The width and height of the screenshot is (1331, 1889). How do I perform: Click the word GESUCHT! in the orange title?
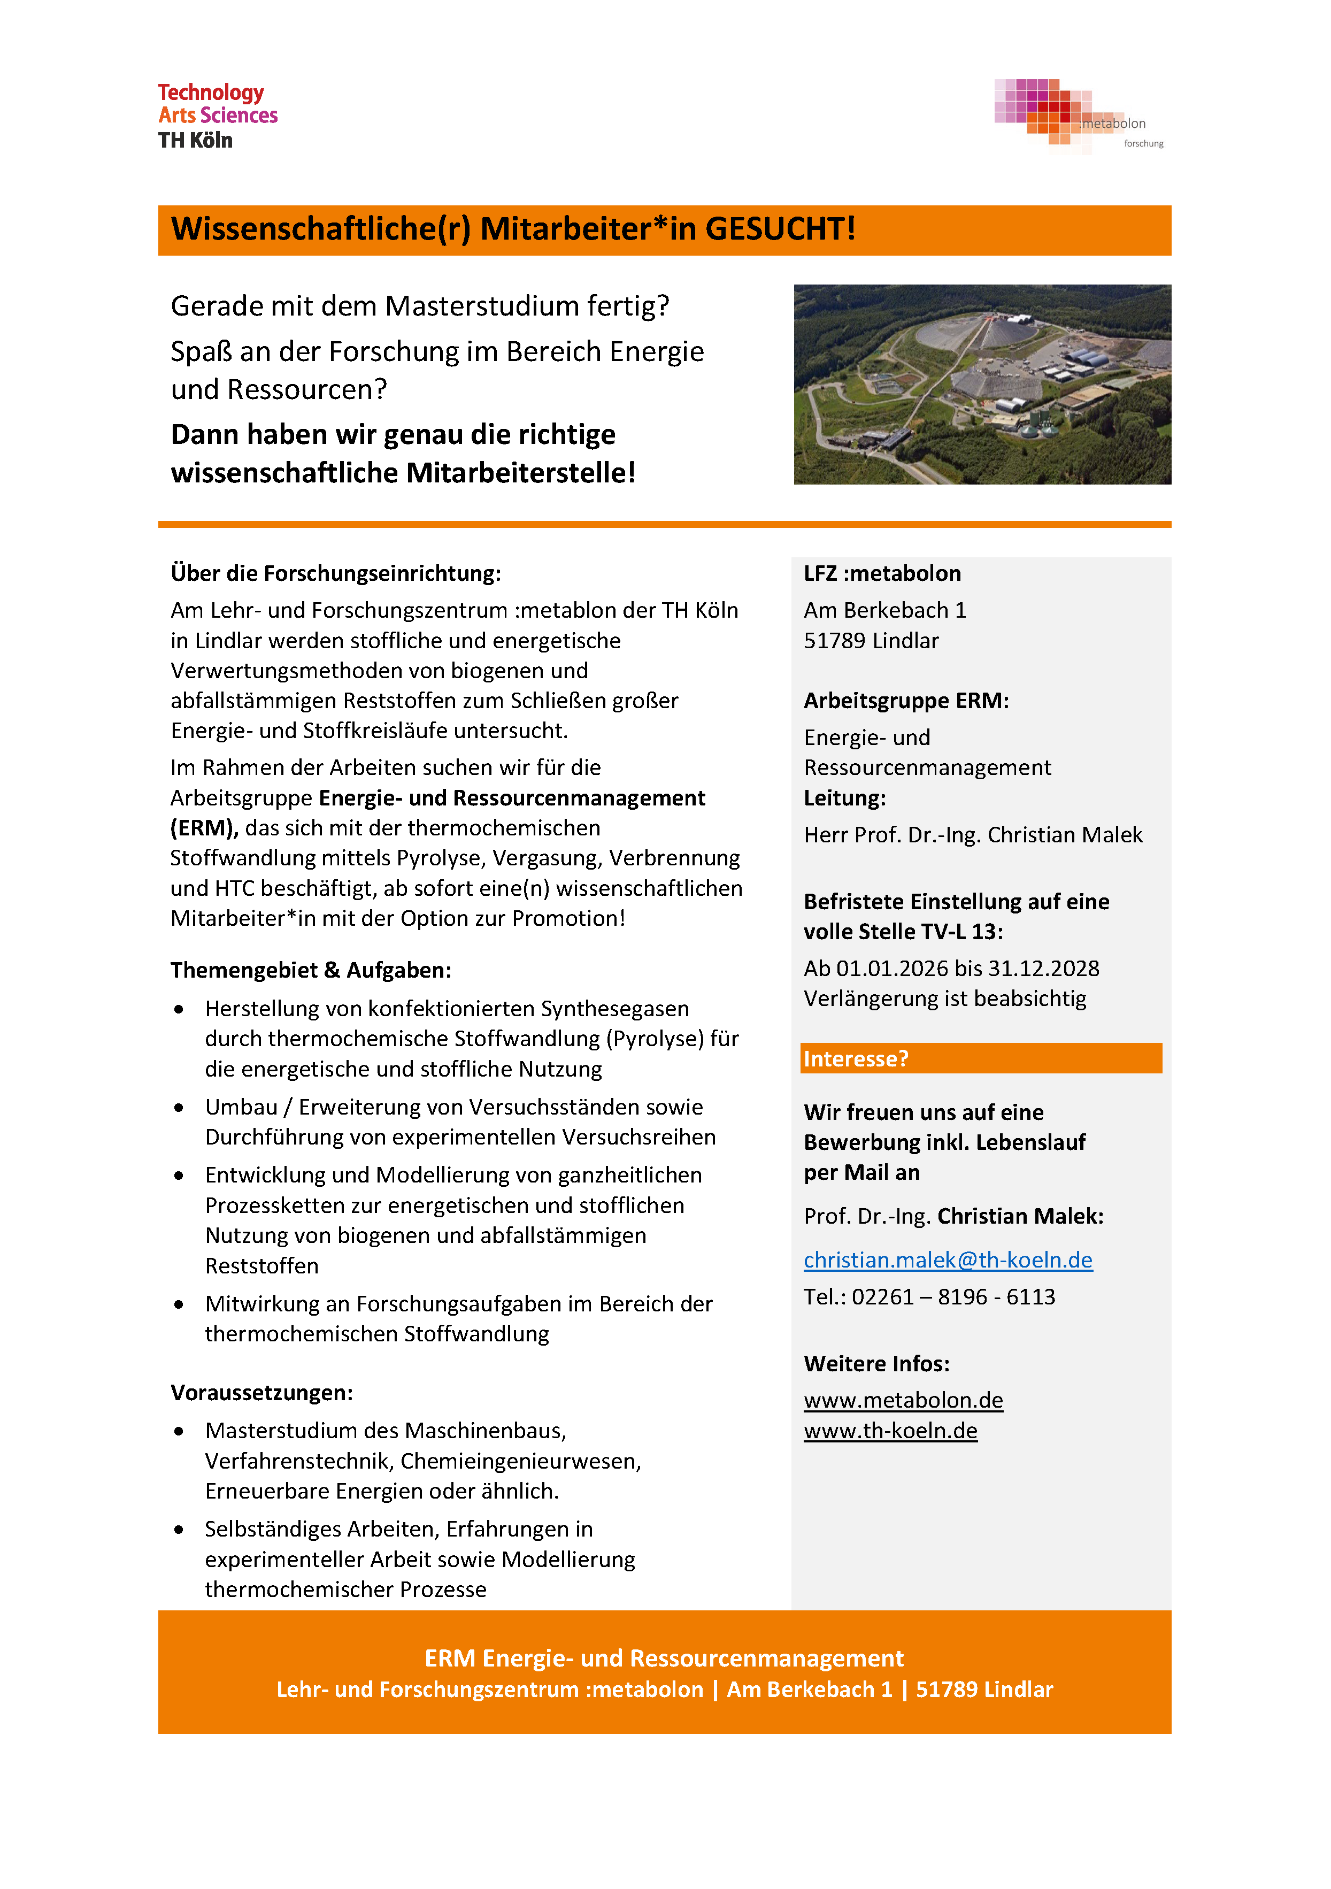pyautogui.click(x=780, y=229)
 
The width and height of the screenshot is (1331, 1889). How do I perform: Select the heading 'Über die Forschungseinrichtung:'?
pyautogui.click(x=336, y=573)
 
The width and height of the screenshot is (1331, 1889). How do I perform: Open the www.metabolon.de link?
pyautogui.click(x=903, y=1400)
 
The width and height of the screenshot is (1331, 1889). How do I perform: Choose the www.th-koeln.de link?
pyautogui.click(x=890, y=1431)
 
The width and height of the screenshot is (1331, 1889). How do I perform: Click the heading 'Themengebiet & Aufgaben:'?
pyautogui.click(x=311, y=971)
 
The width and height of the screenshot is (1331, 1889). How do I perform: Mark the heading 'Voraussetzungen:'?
pyautogui.click(x=261, y=1393)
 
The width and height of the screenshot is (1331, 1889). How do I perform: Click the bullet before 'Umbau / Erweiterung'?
pyautogui.click(x=179, y=1108)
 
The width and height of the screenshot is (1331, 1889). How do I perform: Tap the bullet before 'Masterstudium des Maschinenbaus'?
pyautogui.click(x=179, y=1432)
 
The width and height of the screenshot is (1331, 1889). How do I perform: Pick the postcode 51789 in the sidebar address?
pyautogui.click(x=834, y=641)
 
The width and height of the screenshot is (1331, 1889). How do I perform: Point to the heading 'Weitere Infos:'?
pyautogui.click(x=876, y=1364)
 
